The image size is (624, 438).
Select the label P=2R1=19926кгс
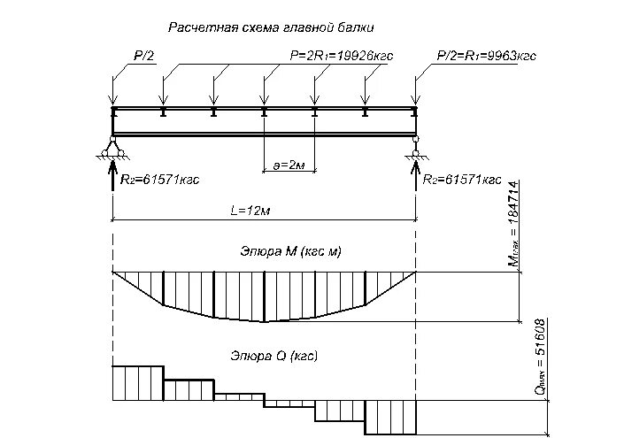click(342, 56)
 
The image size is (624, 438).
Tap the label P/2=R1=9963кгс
click(487, 56)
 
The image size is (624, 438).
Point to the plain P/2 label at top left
click(143, 56)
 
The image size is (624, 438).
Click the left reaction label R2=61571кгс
click(159, 180)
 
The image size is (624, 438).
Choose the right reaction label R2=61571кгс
click(462, 180)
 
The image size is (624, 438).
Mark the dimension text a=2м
click(289, 165)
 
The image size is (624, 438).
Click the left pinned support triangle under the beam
click(112, 146)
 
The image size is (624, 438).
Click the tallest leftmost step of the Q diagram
click(137, 381)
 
